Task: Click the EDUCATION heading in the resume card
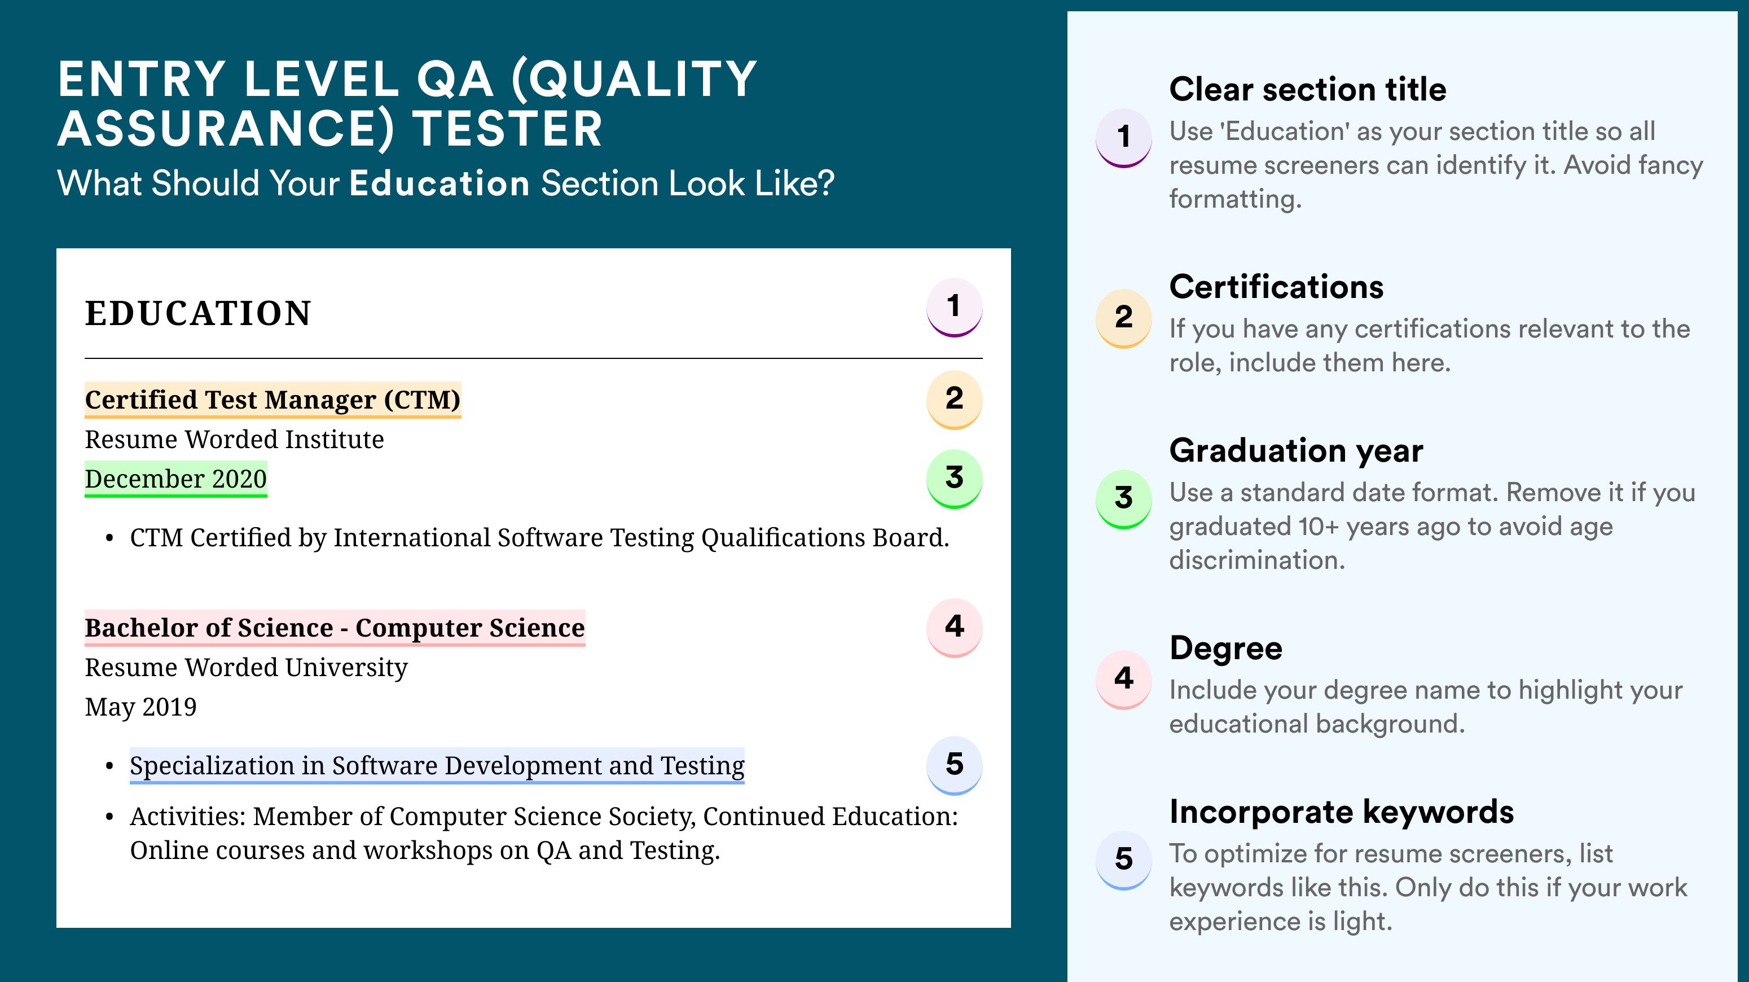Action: click(197, 314)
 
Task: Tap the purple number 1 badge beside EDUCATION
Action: click(954, 307)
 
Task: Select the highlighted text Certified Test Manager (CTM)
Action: click(273, 400)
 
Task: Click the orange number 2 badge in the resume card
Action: click(954, 400)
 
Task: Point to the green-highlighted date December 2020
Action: click(176, 480)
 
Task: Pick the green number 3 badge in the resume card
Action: click(954, 479)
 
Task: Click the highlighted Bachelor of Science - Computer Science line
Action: click(335, 628)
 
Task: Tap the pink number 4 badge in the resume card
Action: click(954, 628)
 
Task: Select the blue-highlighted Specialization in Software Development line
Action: click(437, 766)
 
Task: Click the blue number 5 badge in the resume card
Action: click(954, 765)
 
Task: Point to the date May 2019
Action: click(140, 707)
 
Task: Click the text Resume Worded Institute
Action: click(234, 440)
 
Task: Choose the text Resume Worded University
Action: click(247, 668)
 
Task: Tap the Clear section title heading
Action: click(1308, 89)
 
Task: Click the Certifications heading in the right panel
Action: click(1276, 287)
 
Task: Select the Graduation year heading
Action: click(1296, 450)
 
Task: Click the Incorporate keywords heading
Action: click(1342, 812)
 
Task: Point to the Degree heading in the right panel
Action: click(1226, 648)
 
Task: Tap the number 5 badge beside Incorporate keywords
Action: click(1124, 860)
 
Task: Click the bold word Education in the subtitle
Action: click(440, 183)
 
